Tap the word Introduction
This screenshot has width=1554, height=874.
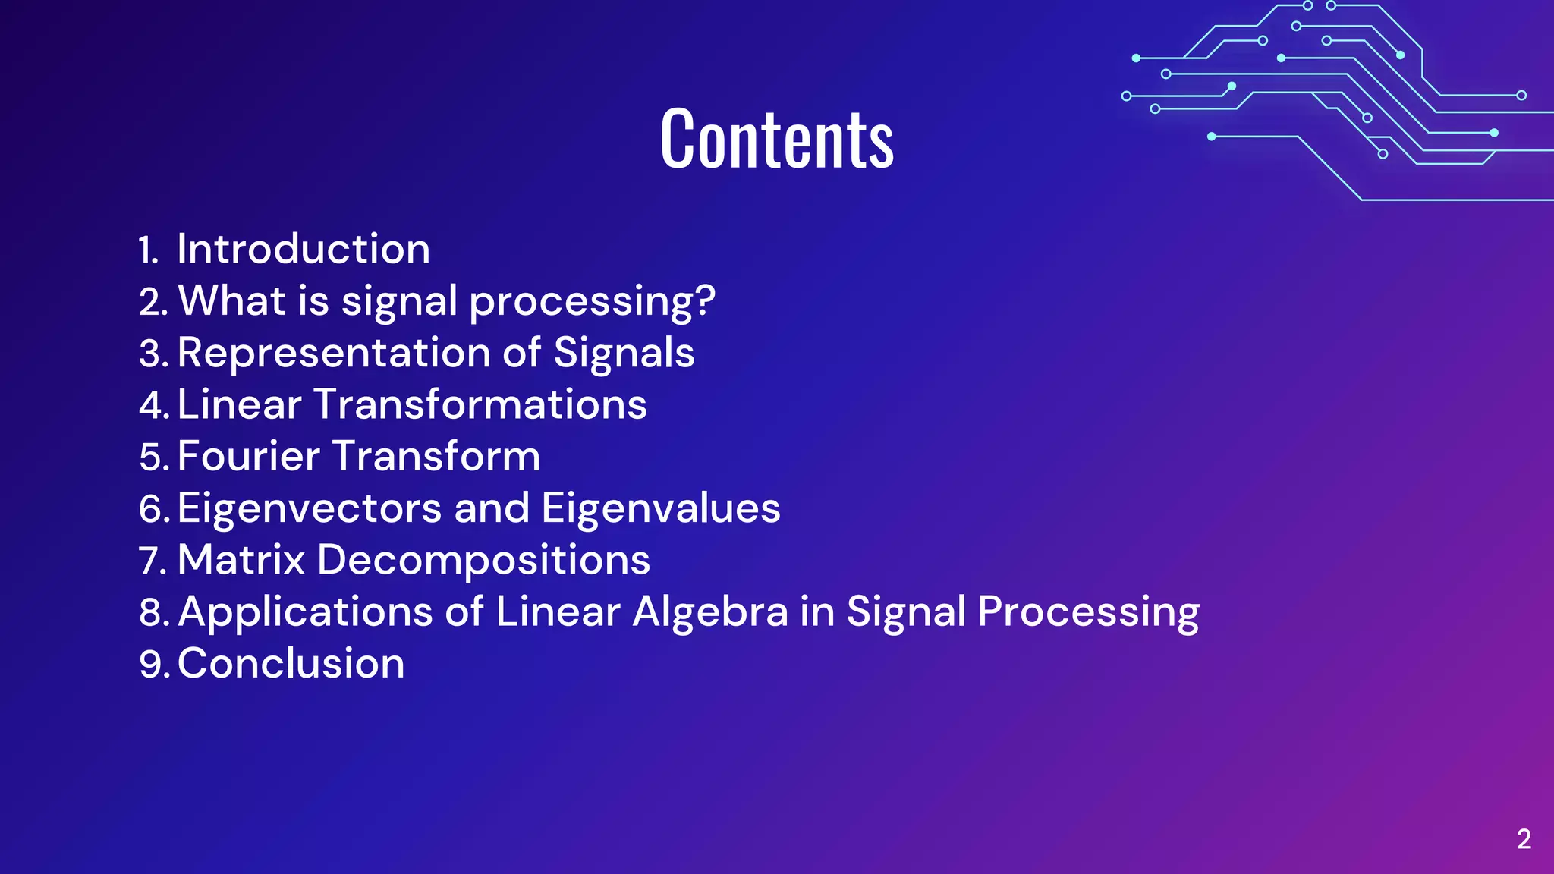point(304,249)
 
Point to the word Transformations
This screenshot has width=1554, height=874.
point(480,404)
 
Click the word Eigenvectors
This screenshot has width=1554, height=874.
point(310,508)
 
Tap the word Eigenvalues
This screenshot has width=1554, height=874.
point(661,508)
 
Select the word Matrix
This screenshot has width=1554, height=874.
point(241,560)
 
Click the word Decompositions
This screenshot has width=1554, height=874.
point(483,560)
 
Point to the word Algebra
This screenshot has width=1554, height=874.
point(710,611)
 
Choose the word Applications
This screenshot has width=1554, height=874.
point(305,611)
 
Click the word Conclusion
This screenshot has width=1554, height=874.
point(291,663)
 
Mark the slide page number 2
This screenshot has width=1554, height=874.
point(1524,839)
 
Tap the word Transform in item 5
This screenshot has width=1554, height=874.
point(436,456)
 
